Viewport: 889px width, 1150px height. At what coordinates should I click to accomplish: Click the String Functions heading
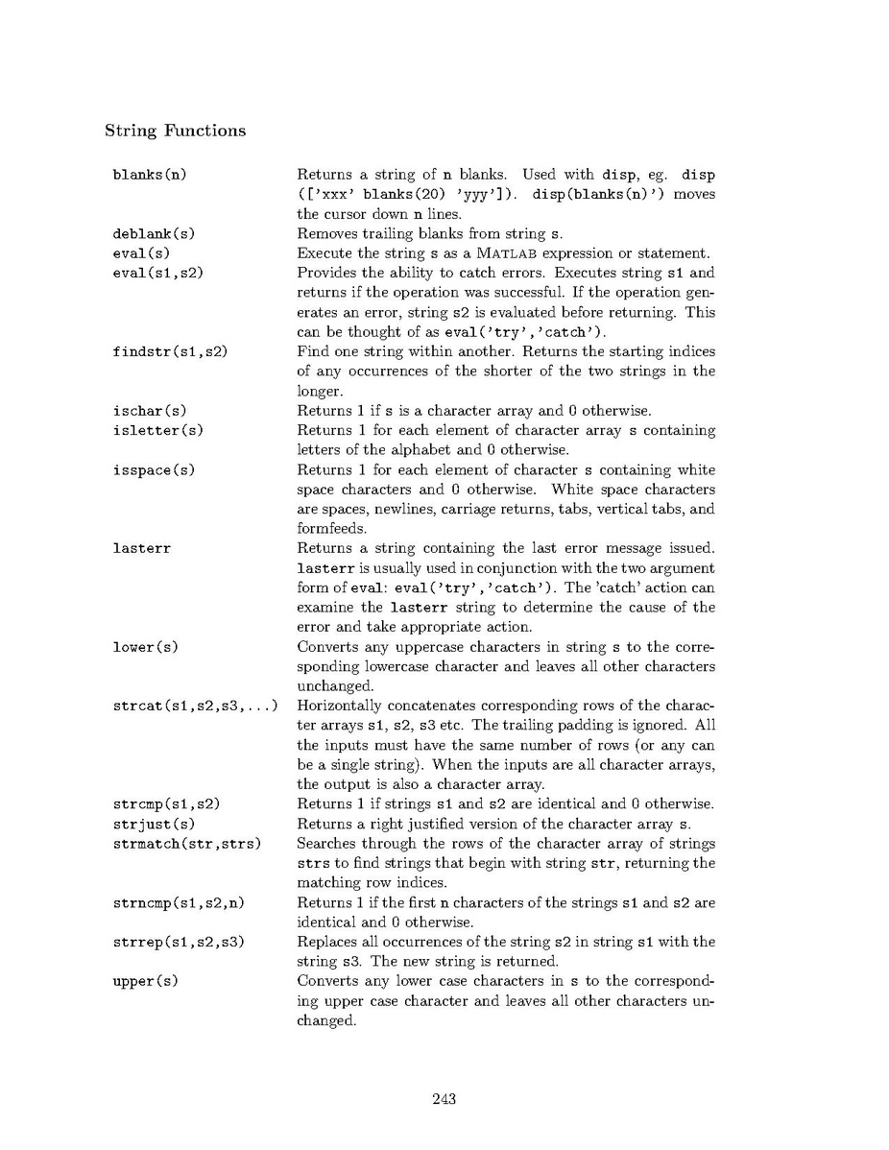pyautogui.click(x=175, y=131)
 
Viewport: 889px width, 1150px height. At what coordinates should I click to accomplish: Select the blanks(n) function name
pyautogui.click(x=148, y=176)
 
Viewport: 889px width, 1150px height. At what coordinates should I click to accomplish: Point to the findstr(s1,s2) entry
pyautogui.click(x=169, y=352)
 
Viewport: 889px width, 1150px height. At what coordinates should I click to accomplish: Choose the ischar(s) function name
pyautogui.click(x=149, y=412)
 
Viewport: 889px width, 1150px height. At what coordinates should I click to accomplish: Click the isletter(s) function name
pyautogui.click(x=157, y=431)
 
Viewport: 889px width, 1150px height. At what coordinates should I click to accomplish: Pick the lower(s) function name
pyautogui.click(x=145, y=647)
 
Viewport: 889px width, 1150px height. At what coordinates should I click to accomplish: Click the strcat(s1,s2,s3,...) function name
pyautogui.click(x=195, y=707)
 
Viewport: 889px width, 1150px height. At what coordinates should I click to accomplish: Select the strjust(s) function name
pyautogui.click(x=154, y=825)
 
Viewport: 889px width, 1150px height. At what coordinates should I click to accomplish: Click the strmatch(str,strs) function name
pyautogui.click(x=186, y=844)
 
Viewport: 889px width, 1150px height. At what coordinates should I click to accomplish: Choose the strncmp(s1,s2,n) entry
pyautogui.click(x=173, y=903)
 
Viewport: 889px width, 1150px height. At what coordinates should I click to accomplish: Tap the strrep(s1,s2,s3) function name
pyautogui.click(x=178, y=943)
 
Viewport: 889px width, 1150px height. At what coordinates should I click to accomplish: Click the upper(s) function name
pyautogui.click(x=145, y=981)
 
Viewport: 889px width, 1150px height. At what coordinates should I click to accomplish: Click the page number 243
pyautogui.click(x=444, y=1099)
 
